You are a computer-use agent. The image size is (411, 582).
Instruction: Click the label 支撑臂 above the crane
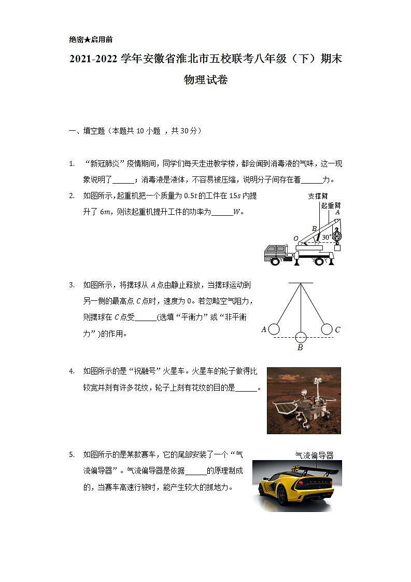pos(318,196)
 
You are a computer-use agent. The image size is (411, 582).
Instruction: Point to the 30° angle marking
pos(326,237)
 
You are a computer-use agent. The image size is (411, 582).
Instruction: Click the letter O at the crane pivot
pos(295,239)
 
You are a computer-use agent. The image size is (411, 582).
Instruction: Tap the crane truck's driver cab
pos(273,252)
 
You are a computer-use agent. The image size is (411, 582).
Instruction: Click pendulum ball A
pos(274,329)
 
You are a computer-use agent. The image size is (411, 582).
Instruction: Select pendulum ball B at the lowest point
pos(301,337)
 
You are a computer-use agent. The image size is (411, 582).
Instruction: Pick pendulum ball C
pos(327,329)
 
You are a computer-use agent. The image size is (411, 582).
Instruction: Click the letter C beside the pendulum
pos(337,329)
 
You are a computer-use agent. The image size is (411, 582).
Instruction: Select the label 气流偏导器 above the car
pos(314,455)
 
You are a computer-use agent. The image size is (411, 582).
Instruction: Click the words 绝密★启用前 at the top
pos(91,39)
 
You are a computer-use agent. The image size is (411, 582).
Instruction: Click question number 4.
pos(72,371)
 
